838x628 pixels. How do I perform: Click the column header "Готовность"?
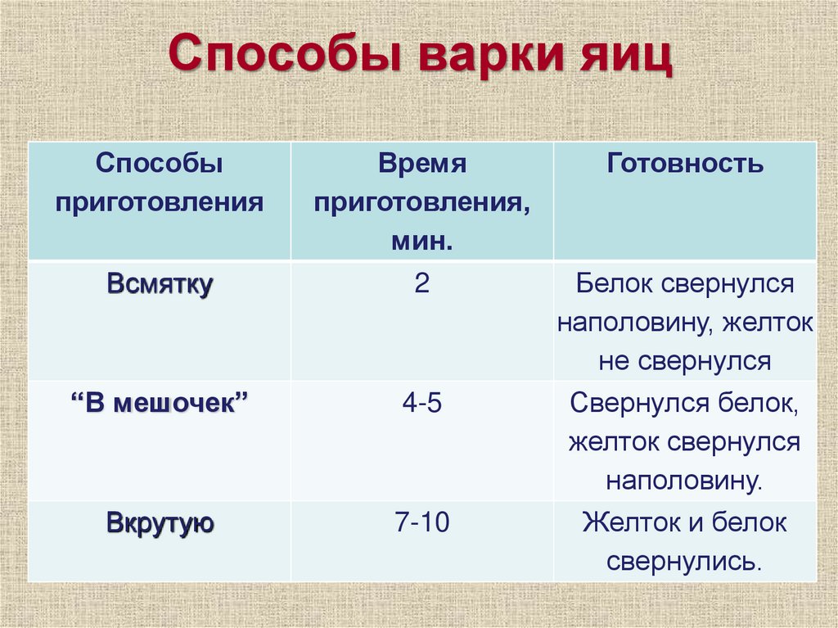(x=685, y=163)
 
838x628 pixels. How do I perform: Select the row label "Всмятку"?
(x=160, y=285)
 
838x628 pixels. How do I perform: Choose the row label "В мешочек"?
(x=160, y=404)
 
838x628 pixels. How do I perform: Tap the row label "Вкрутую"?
(x=160, y=523)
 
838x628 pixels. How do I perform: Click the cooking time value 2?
(x=421, y=285)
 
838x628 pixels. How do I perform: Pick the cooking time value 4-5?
(x=421, y=404)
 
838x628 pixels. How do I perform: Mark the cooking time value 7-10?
(x=421, y=523)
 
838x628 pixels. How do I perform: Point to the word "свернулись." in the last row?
(x=685, y=562)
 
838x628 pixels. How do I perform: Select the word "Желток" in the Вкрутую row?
(x=624, y=523)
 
